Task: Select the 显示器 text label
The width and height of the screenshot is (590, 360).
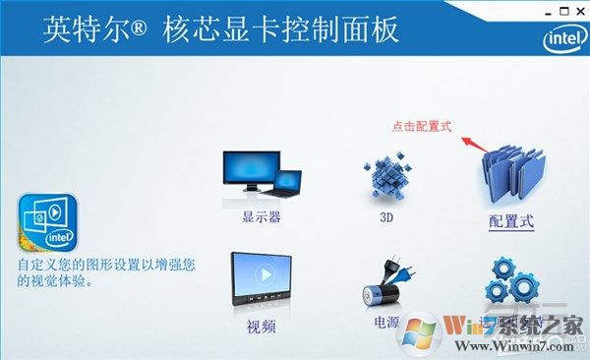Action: [x=262, y=216]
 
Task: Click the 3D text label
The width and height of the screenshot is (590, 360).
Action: [x=385, y=216]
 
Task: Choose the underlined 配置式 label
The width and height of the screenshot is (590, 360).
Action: [x=511, y=220]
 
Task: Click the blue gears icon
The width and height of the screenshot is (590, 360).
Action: [x=511, y=280]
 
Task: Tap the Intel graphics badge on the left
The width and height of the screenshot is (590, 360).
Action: [x=46, y=223]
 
